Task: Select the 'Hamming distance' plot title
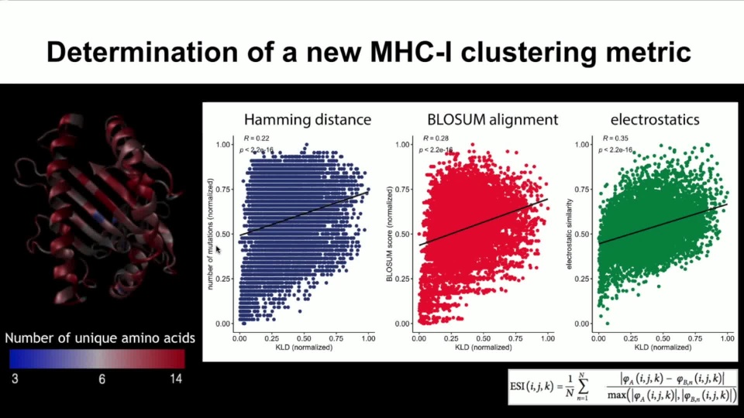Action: pos(307,120)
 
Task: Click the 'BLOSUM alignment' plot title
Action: pos(492,120)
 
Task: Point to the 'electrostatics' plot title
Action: pos(655,120)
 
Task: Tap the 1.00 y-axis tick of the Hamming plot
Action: pos(222,145)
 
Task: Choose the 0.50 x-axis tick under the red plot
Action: pos(484,338)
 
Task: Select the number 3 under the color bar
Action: pos(14,379)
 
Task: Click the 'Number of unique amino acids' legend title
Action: pos(100,338)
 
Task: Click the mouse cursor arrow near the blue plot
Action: pos(218,248)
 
